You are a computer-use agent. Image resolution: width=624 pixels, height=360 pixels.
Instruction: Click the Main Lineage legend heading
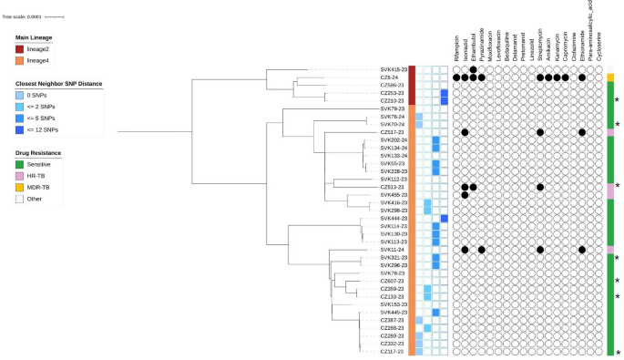click(35, 36)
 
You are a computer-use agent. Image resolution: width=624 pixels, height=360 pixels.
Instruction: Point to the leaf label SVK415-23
click(393, 69)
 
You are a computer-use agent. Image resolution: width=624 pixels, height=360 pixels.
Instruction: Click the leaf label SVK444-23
click(393, 219)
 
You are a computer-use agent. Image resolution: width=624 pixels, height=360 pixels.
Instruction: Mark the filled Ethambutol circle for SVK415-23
click(474, 69)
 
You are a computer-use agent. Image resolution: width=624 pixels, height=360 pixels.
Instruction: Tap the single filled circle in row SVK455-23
click(465, 194)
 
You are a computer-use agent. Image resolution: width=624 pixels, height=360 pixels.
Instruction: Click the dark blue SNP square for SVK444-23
click(445, 219)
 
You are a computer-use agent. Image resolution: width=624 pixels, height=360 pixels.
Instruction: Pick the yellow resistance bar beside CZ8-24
click(610, 77)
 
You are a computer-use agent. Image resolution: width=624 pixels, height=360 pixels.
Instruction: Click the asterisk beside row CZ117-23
click(618, 352)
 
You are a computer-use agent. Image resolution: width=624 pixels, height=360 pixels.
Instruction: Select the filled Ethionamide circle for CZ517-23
click(581, 132)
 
